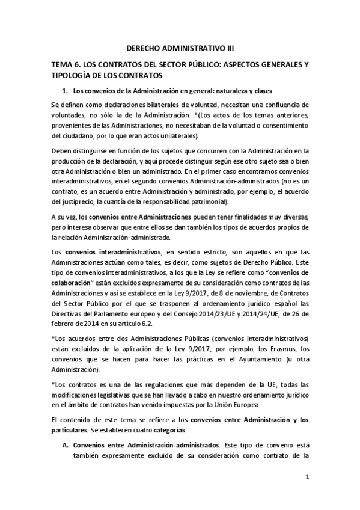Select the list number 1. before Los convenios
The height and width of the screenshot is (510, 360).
(66, 91)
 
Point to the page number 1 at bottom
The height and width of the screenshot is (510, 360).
(307, 492)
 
